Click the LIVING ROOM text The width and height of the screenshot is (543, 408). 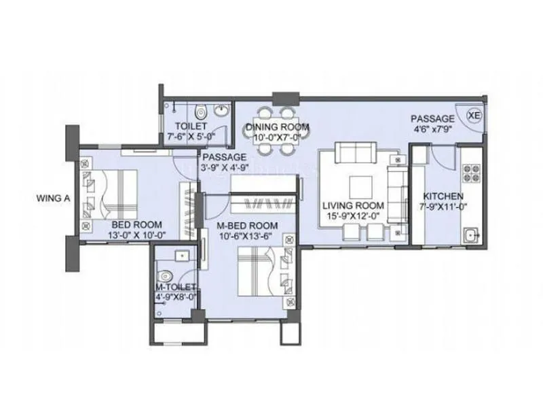(353, 206)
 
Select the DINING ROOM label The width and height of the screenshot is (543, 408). (278, 127)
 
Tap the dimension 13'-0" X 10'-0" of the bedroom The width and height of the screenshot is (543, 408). (136, 235)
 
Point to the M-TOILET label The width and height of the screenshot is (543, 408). (175, 288)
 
